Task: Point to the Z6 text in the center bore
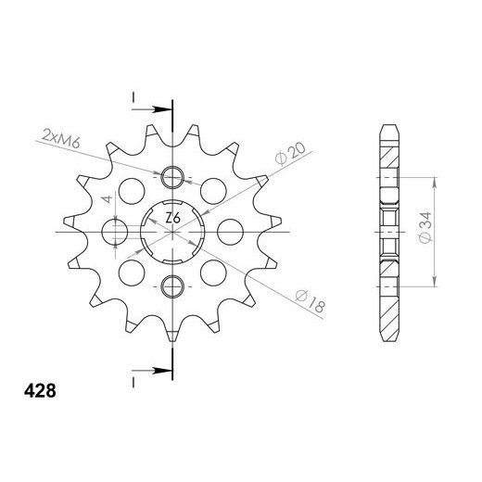click(x=172, y=219)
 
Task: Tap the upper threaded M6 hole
click(x=172, y=178)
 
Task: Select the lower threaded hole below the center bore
click(x=172, y=285)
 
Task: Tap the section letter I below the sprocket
click(x=135, y=380)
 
